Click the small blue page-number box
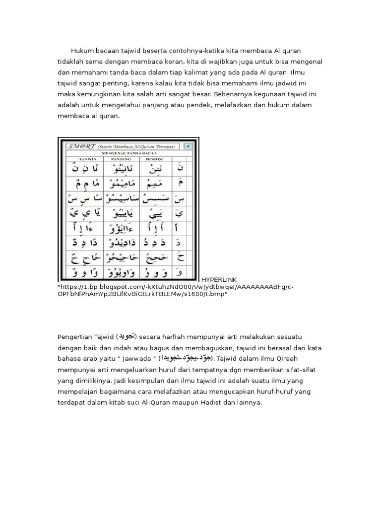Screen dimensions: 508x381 pos(189,146)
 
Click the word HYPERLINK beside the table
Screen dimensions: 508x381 pos(217,279)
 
